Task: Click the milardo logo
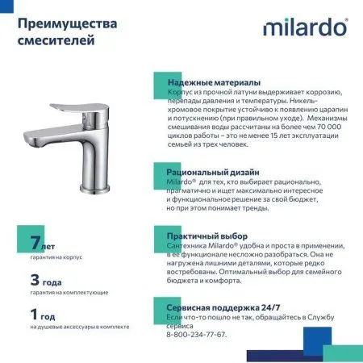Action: pyautogui.click(x=305, y=28)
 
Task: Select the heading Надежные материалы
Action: pyautogui.click(x=213, y=83)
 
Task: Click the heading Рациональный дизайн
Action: pyautogui.click(x=213, y=173)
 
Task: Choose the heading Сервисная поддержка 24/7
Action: pyautogui.click(x=223, y=308)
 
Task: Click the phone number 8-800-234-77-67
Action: pyautogui.click(x=196, y=333)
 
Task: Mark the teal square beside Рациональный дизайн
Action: pyautogui.click(x=161, y=172)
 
